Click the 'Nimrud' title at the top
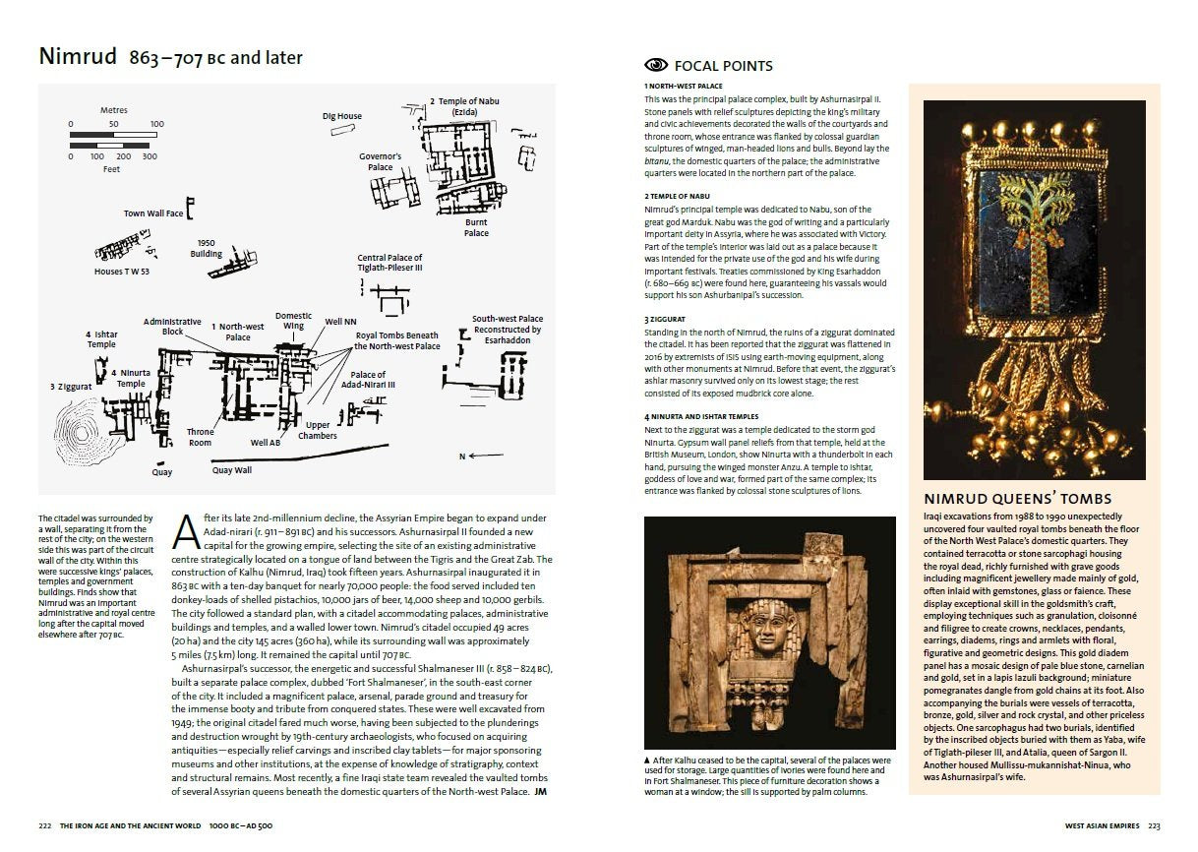[78, 56]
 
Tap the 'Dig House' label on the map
[341, 116]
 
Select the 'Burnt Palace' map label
[476, 227]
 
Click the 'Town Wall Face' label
[152, 213]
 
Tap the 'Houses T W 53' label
[123, 272]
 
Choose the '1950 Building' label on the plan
[207, 248]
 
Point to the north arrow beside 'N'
[487, 456]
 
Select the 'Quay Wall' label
[231, 470]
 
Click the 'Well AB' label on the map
[266, 443]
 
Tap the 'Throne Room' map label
[200, 437]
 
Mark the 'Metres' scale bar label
[113, 110]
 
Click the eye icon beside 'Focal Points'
[655, 66]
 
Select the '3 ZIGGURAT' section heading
[667, 320]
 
